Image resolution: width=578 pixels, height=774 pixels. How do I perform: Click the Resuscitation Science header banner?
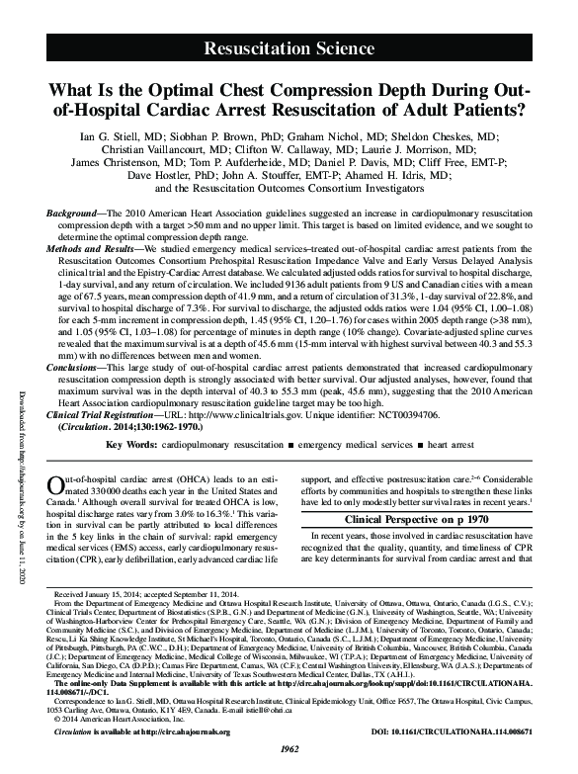point(289,46)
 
